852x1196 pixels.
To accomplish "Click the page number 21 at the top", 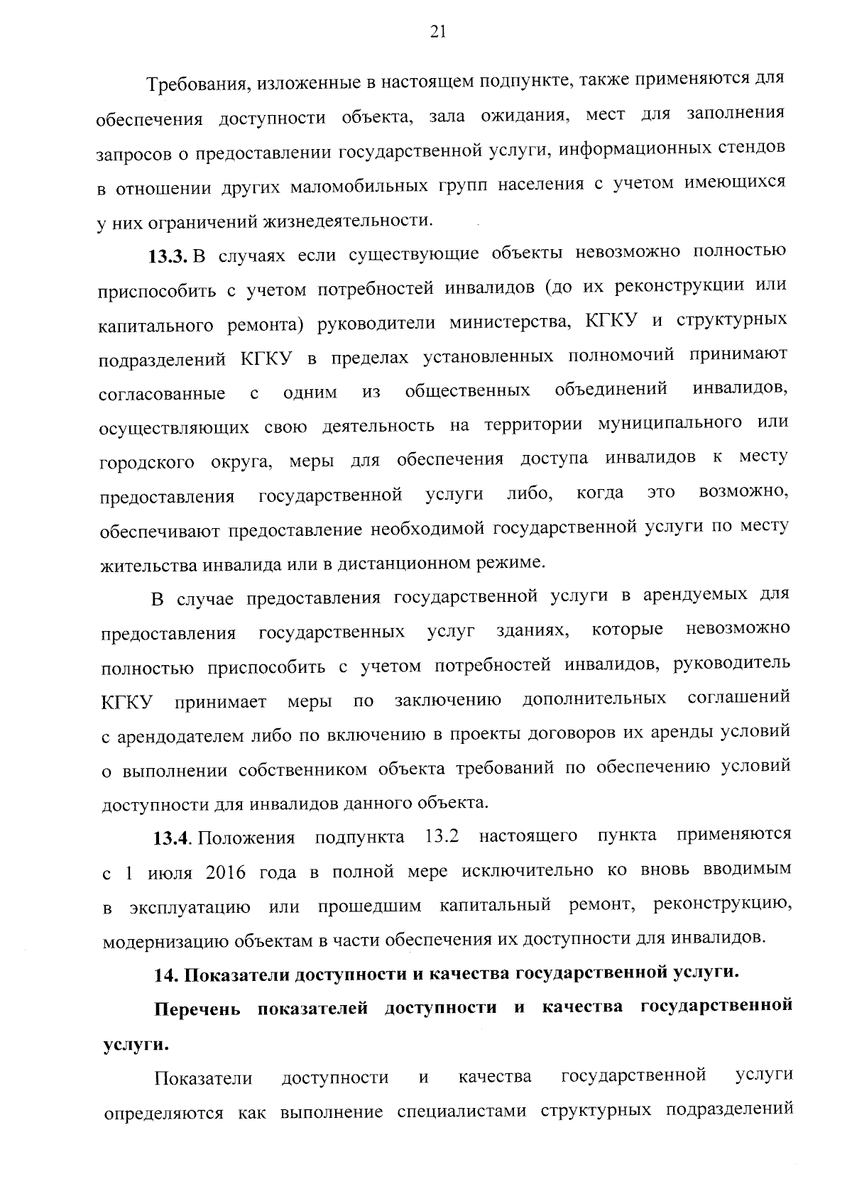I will coord(437,31).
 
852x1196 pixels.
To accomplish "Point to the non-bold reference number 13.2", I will coord(441,835).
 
